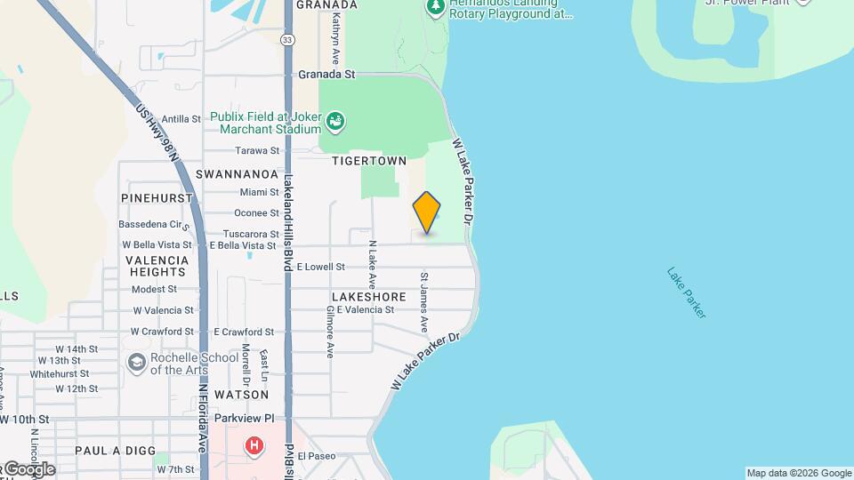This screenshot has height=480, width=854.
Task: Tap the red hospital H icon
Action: [x=255, y=444]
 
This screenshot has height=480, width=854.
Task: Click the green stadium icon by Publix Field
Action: [x=335, y=121]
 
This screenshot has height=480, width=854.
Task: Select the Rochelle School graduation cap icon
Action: [x=136, y=362]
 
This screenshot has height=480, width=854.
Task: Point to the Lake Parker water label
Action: [x=687, y=292]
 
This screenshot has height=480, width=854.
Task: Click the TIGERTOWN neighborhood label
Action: [x=368, y=161]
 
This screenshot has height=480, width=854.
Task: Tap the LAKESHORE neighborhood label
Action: [x=368, y=296]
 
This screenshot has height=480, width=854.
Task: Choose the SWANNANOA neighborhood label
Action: [x=237, y=174]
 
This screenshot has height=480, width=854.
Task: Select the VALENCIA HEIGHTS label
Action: [x=157, y=266]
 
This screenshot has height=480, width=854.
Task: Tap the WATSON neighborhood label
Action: [x=241, y=394]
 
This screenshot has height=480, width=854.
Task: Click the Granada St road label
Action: [x=326, y=75]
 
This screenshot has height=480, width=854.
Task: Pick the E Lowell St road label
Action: [x=320, y=267]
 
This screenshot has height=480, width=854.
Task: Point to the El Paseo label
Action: [x=317, y=456]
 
